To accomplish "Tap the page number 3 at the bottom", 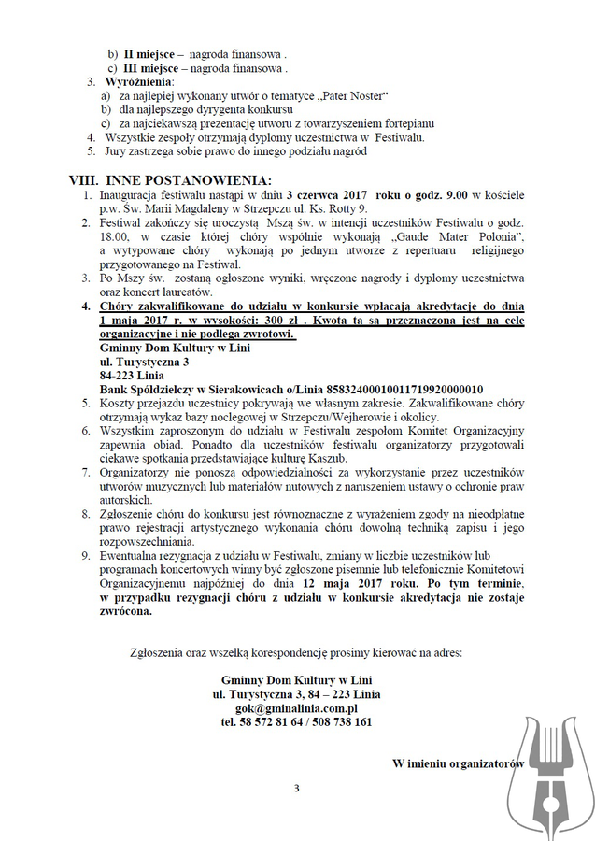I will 297,787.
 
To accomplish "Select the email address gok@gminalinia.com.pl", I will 296,708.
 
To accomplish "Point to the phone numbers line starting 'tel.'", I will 296,722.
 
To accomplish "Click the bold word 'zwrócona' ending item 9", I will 125,612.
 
